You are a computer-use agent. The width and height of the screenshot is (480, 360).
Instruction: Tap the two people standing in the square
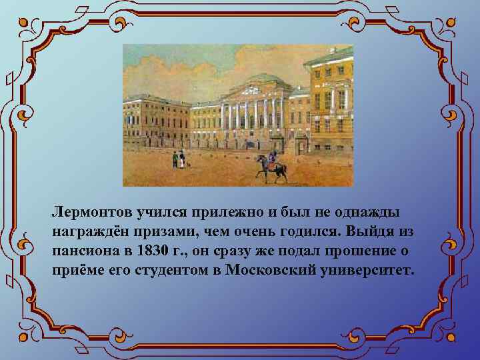(x=178, y=159)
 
